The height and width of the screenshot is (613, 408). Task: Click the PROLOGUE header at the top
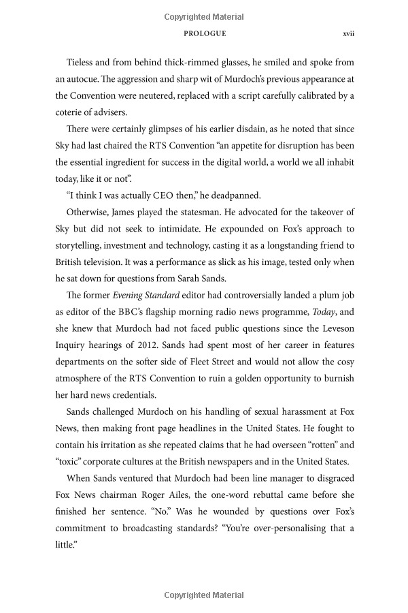tap(204, 33)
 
